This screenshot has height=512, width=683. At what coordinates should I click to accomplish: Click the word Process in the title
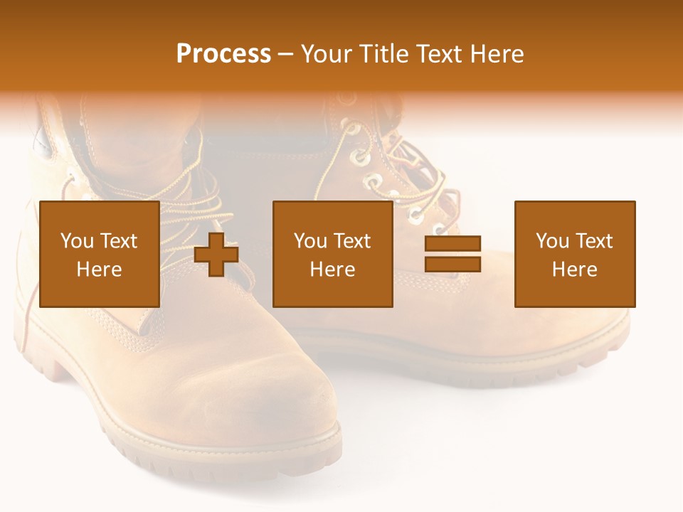pos(223,54)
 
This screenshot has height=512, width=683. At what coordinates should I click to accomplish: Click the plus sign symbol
pos(216,255)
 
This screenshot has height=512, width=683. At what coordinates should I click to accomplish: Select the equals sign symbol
pos(452,255)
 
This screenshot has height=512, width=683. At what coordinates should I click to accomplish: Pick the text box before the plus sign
pos(99,254)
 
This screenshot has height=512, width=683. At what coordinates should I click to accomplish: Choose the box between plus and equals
pos(332,254)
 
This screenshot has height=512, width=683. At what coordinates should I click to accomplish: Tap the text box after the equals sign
pos(574,254)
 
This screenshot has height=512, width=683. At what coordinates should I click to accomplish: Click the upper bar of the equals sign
pos(452,244)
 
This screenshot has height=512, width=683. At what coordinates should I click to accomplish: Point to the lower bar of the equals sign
pos(452,265)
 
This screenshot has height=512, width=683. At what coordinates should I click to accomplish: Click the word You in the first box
pos(77,241)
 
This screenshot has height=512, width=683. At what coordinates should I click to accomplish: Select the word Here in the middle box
pos(332,270)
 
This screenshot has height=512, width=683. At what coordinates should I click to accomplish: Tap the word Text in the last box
pos(593,241)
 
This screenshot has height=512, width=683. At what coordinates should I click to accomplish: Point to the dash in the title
pos(285,54)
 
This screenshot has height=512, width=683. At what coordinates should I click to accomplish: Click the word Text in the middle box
pos(351,241)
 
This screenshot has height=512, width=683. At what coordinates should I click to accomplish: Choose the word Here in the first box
pos(99,270)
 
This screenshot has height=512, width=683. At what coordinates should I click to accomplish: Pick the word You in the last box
pos(553,241)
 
